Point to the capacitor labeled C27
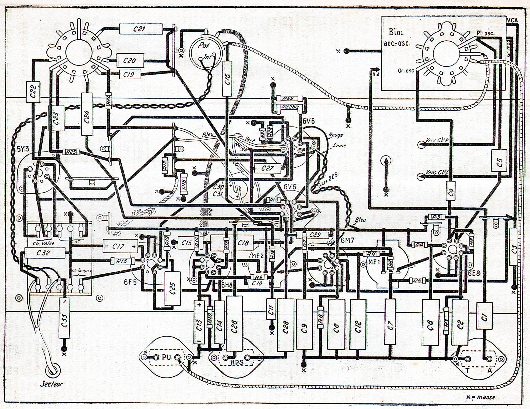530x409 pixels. tap(267, 168)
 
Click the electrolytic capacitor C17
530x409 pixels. tap(120, 246)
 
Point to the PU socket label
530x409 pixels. tap(166, 357)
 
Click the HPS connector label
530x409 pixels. tap(236, 362)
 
